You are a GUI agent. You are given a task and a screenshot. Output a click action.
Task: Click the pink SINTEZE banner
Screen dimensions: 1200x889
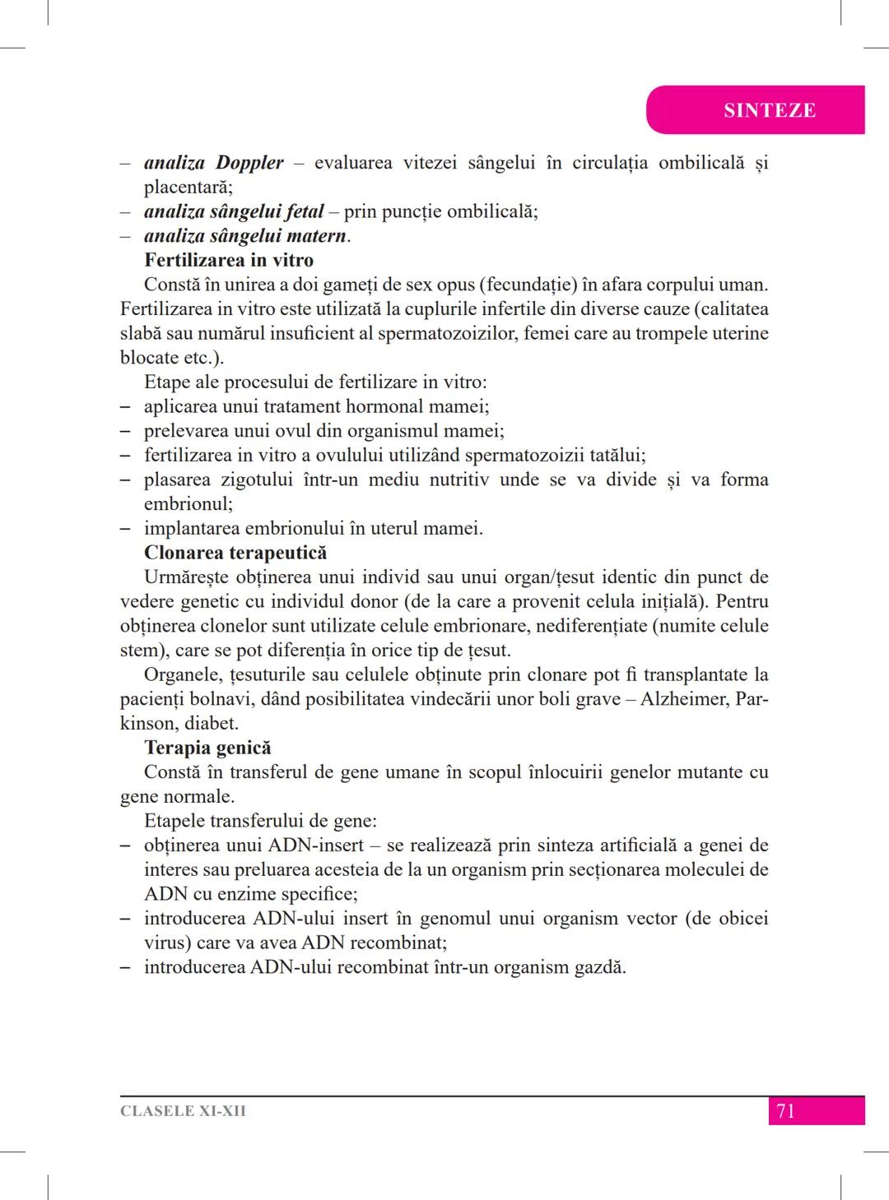(769, 110)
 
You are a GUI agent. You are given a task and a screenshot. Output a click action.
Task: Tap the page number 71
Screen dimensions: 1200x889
(785, 1111)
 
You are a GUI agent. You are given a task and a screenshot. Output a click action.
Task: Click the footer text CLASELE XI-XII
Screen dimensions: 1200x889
(183, 1111)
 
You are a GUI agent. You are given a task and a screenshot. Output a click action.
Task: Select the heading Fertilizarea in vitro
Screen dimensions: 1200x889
(229, 261)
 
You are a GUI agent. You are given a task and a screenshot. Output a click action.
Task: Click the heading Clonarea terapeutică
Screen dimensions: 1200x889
(235, 553)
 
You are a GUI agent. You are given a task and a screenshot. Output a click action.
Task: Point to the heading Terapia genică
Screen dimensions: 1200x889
(207, 748)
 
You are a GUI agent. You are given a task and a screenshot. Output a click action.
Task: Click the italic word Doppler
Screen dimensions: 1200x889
(249, 163)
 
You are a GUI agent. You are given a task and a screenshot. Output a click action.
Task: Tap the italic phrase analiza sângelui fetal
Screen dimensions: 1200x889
(234, 211)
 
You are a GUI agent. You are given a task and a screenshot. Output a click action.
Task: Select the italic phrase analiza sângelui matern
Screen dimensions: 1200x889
(245, 236)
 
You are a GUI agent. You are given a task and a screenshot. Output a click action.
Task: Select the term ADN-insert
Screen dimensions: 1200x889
(316, 846)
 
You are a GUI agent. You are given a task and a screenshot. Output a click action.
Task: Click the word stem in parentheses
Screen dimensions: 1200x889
(138, 651)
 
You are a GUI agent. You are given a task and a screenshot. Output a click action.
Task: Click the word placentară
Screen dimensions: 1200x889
(188, 188)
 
